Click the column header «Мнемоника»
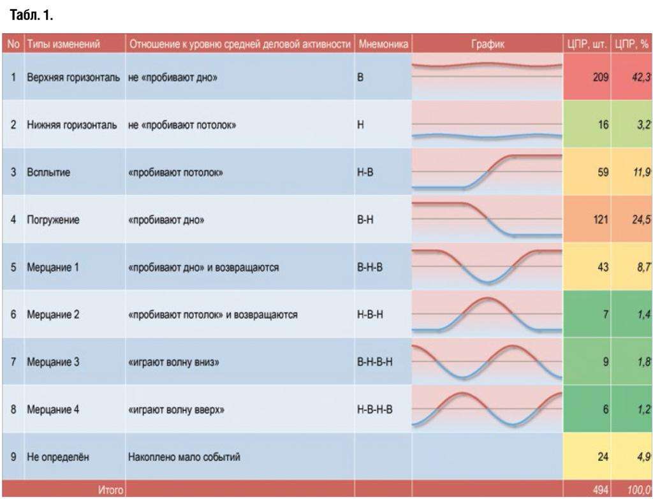point(383,45)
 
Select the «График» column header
point(487,45)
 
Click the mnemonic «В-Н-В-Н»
point(375,362)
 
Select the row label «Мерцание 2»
point(53,315)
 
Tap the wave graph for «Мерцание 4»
point(487,409)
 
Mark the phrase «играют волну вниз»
point(174,362)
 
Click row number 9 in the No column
point(13,457)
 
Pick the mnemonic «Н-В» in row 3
point(366,172)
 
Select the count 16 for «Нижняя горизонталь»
point(603,126)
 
